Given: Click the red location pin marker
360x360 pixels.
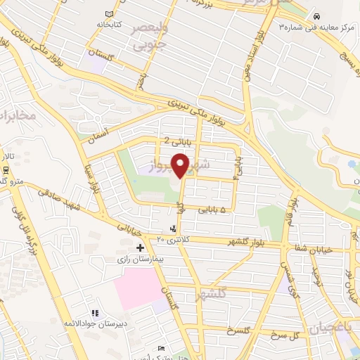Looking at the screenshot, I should pos(181,165).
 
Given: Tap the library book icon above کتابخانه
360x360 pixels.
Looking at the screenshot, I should pos(108,14).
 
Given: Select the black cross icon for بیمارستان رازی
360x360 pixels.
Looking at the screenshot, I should pos(141,247).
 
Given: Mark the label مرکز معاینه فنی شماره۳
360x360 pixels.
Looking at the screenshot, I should pos(316,27).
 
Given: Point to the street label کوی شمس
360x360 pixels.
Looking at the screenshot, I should pos(290,275).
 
